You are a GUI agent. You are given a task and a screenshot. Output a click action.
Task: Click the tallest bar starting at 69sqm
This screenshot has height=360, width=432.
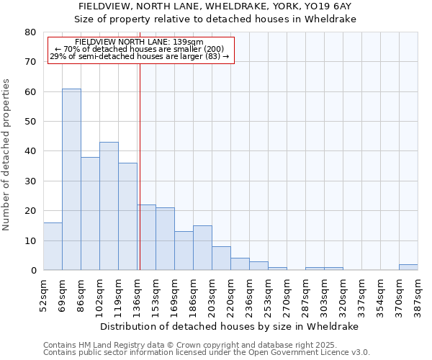click(x=71, y=180)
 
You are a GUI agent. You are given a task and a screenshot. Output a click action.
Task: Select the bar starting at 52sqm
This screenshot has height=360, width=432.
click(x=53, y=246)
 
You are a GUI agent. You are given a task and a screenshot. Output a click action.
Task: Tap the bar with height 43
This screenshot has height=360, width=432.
click(x=109, y=207)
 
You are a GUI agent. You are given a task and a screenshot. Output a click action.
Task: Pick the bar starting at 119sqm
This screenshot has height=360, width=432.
click(x=127, y=217)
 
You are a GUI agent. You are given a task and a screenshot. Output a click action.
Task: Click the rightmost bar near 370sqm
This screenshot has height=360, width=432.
click(x=408, y=267)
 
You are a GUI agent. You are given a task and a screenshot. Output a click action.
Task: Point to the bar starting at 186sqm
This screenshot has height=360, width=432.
click(x=202, y=248)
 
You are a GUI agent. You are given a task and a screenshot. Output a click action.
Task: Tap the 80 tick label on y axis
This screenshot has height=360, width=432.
click(x=30, y=32)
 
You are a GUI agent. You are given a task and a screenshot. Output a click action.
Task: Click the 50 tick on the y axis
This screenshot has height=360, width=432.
click(x=30, y=122)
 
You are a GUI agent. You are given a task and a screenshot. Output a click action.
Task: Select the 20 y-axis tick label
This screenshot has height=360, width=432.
click(x=30, y=211)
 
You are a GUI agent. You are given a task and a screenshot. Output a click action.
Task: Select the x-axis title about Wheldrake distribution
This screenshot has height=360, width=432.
click(x=229, y=326)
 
